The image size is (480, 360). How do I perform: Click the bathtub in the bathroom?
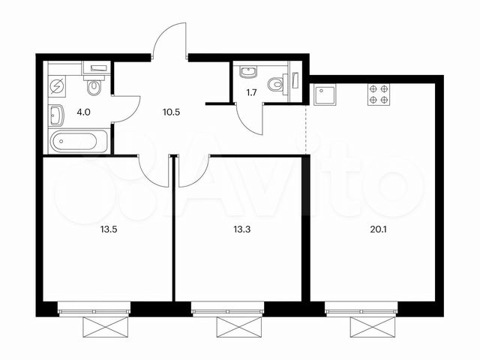pos(78,140)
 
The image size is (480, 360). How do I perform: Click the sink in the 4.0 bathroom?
pos(57,115)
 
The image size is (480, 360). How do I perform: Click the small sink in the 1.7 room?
pos(248,72)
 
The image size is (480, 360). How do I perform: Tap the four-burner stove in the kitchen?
pos(379,94)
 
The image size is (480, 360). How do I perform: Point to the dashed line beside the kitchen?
pos(307,127)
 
